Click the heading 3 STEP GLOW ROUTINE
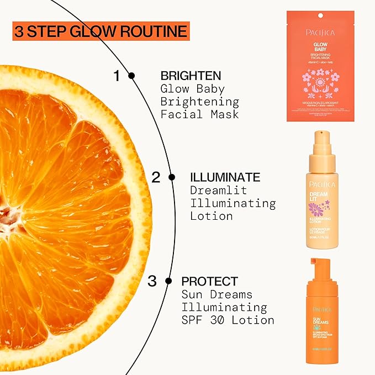tap(100, 31)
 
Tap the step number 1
tap(117, 76)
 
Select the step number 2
tap(156, 177)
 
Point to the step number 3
tap(152, 281)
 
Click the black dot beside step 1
tap(131, 76)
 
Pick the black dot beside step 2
tap(172, 177)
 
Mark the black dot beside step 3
tap(169, 281)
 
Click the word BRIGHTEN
tap(191, 76)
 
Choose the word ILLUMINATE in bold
tap(225, 177)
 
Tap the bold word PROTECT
tap(209, 281)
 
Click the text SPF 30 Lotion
tap(228, 320)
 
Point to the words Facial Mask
tap(199, 114)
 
